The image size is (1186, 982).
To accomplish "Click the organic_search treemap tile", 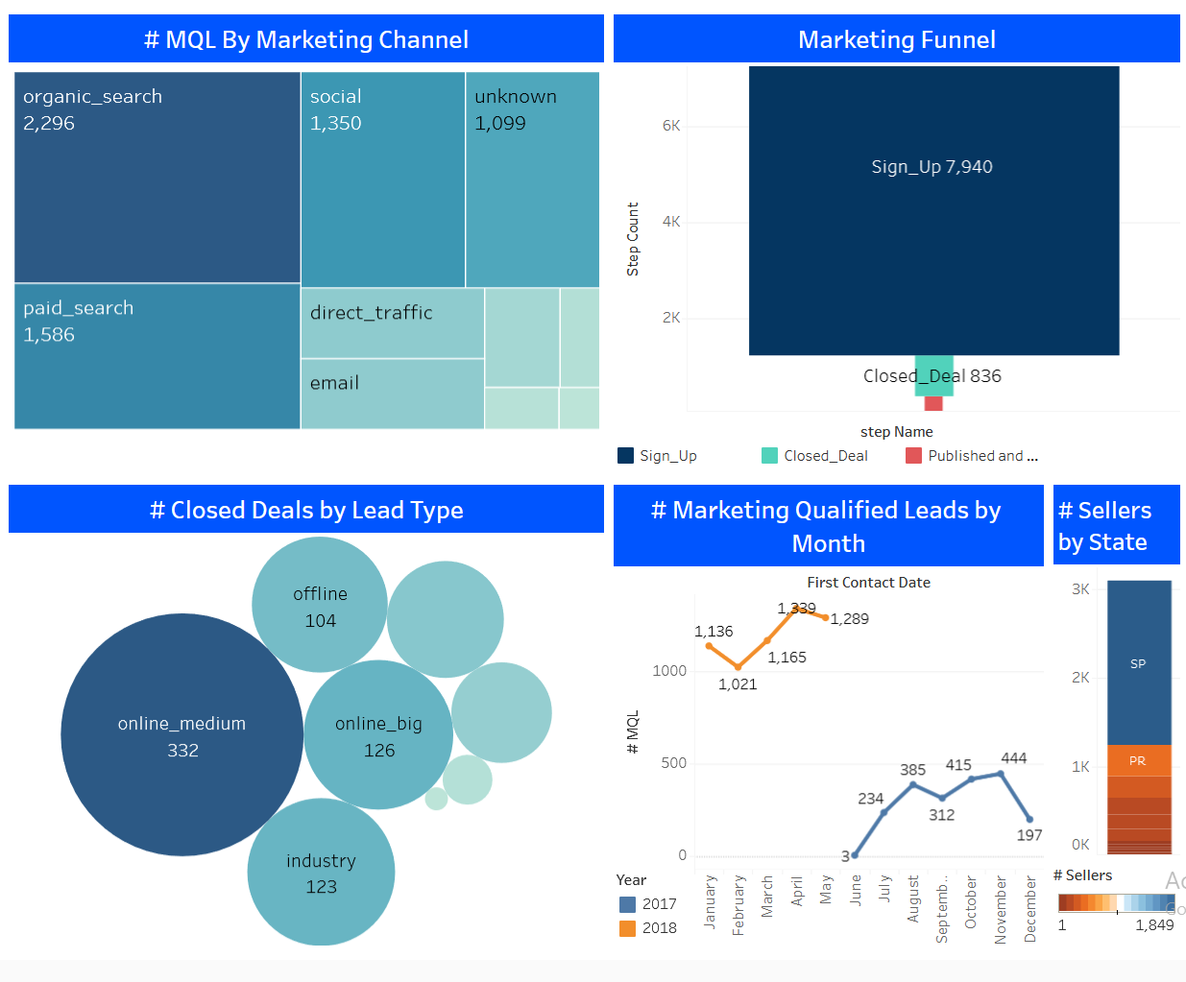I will tap(157, 178).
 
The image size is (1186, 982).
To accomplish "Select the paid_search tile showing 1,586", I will tap(157, 356).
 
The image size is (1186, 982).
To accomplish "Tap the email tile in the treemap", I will tap(392, 394).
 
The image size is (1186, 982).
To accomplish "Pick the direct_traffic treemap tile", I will tap(392, 323).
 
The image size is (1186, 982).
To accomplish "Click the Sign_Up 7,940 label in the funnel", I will tap(932, 167).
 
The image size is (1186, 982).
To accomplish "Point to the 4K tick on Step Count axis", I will tap(671, 222).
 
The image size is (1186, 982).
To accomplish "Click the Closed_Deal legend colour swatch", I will tap(769, 456).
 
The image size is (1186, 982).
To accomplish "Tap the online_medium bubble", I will tap(182, 735).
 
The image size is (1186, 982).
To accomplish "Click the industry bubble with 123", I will tap(321, 873).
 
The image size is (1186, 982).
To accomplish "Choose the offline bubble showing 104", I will tap(320, 606).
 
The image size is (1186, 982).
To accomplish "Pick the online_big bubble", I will tap(378, 735).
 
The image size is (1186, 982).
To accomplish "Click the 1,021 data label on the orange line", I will tap(738, 684).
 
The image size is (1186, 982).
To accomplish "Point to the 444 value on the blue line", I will tap(1013, 758).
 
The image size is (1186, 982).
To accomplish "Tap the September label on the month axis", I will tap(942, 908).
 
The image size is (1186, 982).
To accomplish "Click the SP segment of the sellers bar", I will tap(1139, 663).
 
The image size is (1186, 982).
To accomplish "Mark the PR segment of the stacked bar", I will tap(1138, 760).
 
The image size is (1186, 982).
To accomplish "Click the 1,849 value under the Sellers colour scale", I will tap(1154, 925).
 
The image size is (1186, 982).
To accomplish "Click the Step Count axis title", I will tap(633, 239).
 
